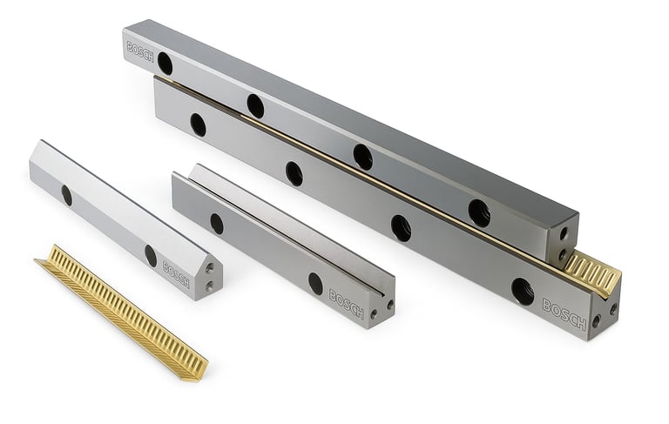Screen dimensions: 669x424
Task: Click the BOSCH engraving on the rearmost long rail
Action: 140,52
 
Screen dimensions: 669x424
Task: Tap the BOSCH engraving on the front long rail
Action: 564,314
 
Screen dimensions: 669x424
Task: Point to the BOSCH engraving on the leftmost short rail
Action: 176,274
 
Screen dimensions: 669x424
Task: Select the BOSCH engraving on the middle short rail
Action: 346,304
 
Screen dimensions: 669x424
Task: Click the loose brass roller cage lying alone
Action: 122,313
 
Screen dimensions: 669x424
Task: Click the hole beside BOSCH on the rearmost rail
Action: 165,64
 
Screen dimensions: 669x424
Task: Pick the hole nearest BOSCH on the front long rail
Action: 523,292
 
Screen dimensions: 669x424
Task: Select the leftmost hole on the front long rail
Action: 198,125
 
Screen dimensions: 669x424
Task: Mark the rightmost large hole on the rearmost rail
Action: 479,212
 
